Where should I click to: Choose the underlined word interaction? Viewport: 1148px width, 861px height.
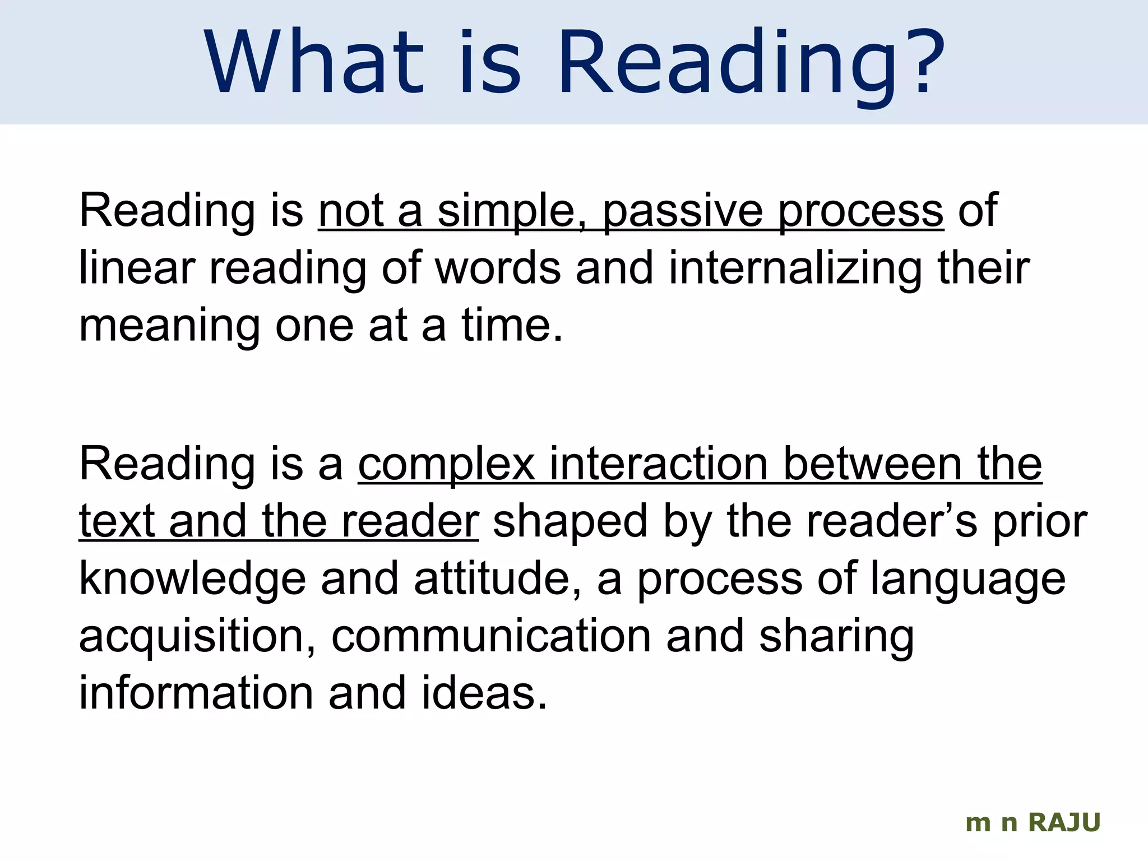[x=658, y=465]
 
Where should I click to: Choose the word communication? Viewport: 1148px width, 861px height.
[x=491, y=637]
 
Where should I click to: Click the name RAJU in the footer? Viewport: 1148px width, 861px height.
[x=1064, y=823]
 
